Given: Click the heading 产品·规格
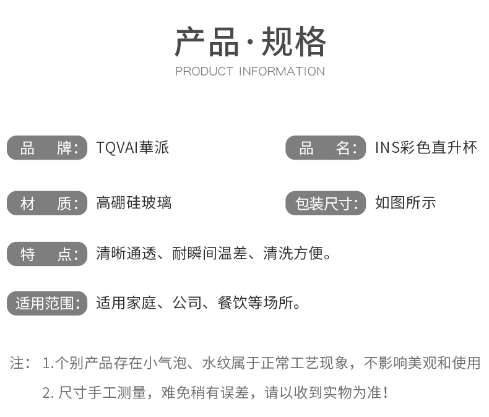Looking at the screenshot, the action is [250, 41].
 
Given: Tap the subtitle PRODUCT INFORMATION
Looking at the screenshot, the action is [250, 72].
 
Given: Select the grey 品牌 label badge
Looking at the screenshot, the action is [47, 148].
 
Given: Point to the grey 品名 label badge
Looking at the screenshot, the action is [326, 148].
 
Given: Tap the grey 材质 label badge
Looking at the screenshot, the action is [47, 203].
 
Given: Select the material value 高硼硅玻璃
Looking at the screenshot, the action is [134, 203].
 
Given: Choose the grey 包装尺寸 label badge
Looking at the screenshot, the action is [326, 203].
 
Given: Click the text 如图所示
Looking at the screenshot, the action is [405, 203].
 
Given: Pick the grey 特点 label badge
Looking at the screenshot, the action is [47, 254].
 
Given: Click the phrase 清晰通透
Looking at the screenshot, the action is [126, 254].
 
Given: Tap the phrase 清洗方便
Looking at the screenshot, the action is [293, 254].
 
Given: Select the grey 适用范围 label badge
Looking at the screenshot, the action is [47, 303].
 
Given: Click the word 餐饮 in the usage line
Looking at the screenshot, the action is [233, 303].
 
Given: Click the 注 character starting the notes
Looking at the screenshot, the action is [17, 363].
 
